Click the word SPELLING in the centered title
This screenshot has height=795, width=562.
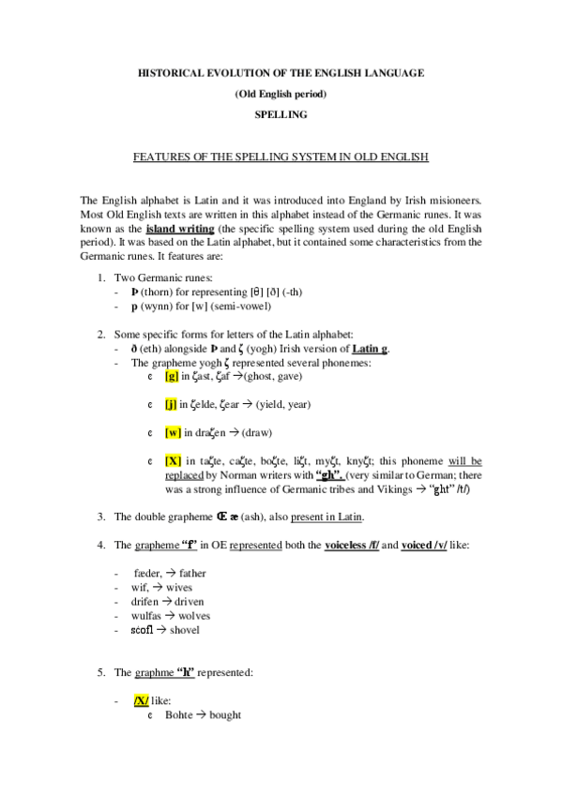281,114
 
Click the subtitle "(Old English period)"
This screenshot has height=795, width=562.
281,94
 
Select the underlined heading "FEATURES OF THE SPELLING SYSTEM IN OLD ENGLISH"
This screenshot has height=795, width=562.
281,157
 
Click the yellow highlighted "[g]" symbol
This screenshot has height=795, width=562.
171,376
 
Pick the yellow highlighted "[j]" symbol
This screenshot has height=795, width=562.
171,404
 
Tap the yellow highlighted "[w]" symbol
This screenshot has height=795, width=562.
173,432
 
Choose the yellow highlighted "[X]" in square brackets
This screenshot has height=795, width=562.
173,460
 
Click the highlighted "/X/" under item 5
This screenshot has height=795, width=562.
141,700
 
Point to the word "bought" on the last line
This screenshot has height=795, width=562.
225,714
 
